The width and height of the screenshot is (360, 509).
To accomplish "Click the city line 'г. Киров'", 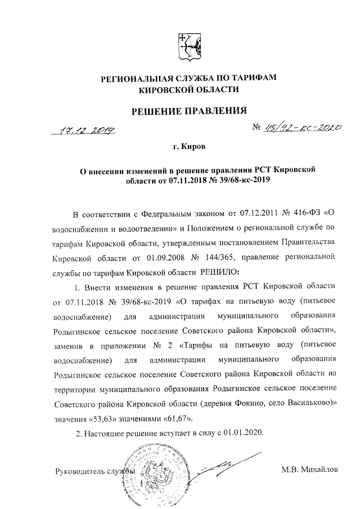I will click(x=190, y=148).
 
